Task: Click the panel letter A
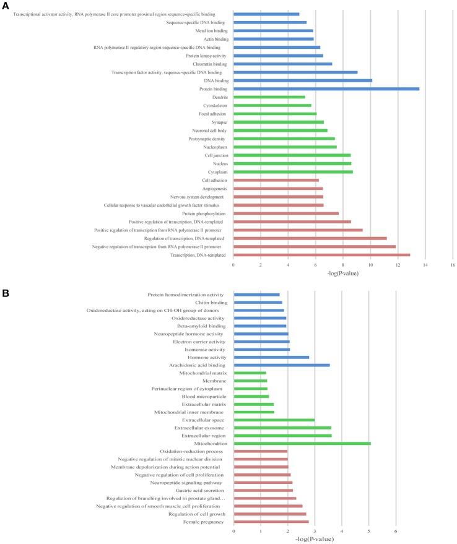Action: click(x=6, y=5)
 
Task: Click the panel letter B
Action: click(x=6, y=288)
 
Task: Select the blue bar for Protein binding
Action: click(x=326, y=89)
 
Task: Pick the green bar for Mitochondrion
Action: click(x=302, y=443)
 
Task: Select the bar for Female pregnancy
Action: click(x=271, y=522)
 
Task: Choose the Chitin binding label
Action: click(x=210, y=302)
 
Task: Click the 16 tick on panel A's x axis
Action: click(x=453, y=265)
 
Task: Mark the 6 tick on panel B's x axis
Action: click(x=396, y=531)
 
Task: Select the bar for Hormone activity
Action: click(x=271, y=357)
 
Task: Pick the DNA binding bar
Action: click(x=302, y=80)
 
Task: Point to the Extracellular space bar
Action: click(x=274, y=420)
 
